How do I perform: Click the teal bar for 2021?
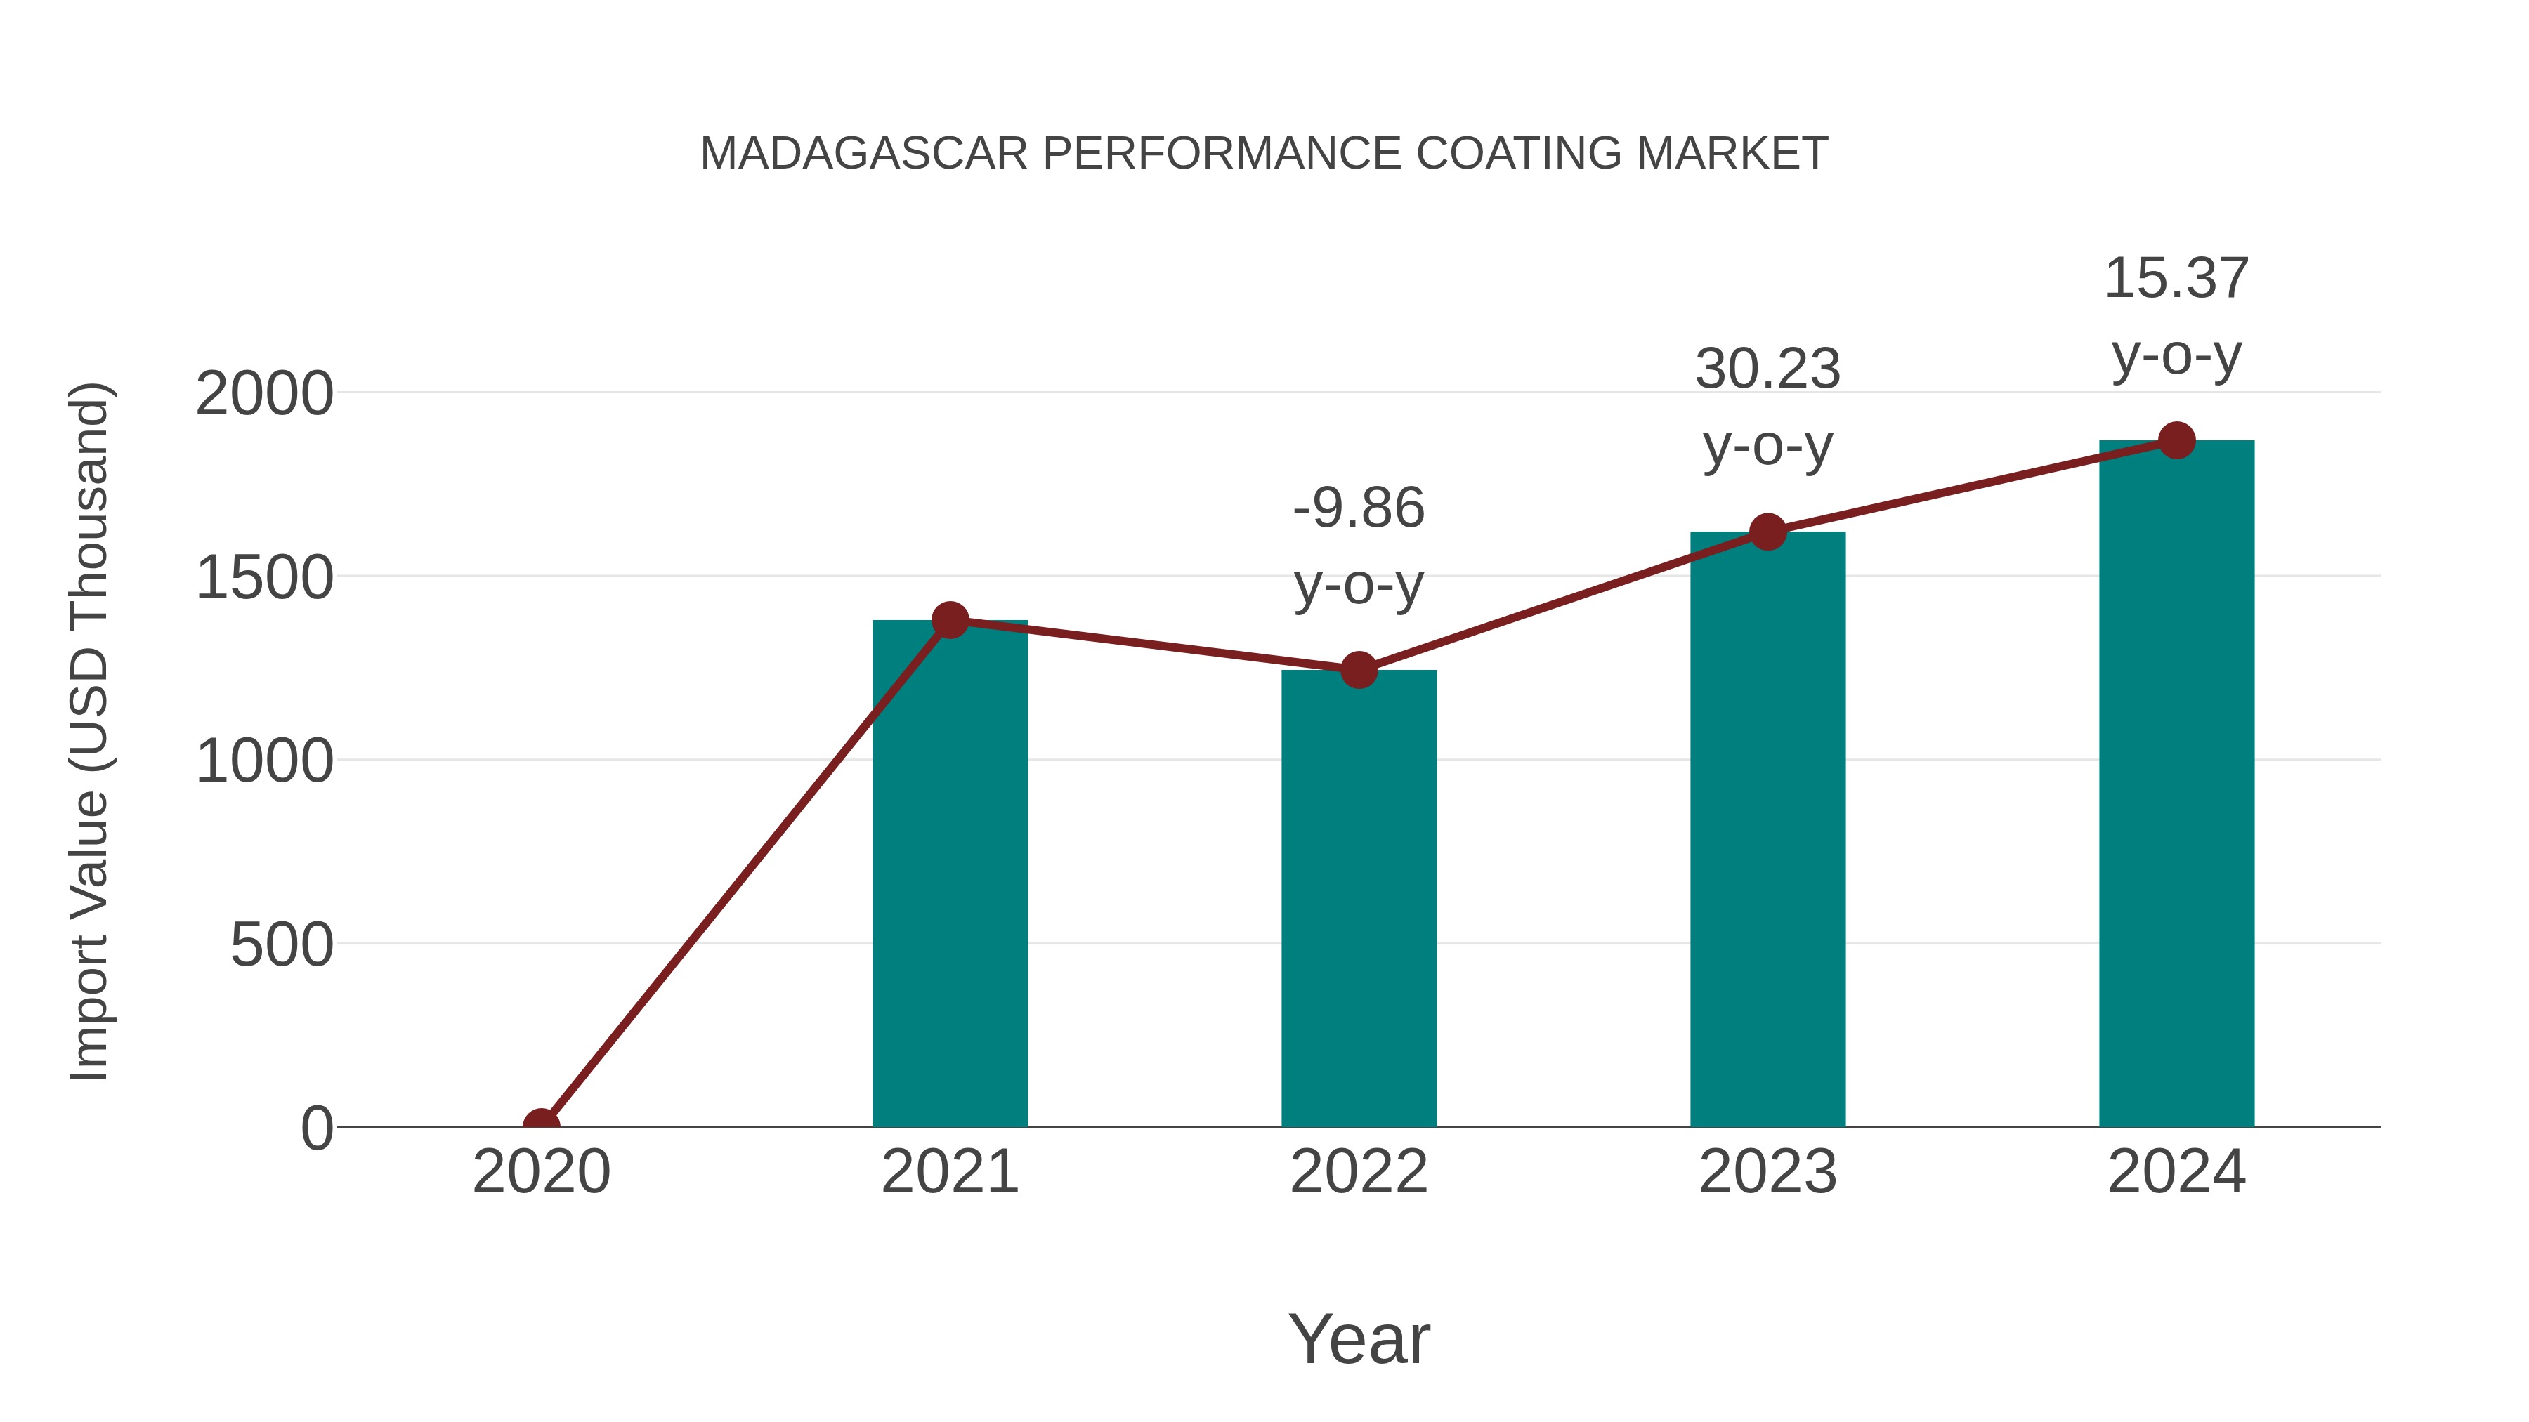(949, 874)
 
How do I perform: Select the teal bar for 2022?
(1359, 898)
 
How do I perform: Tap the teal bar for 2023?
(1767, 829)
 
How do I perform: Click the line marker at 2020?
(541, 1125)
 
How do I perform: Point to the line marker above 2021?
(949, 620)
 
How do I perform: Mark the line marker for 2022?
(1359, 671)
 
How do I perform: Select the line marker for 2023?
(1767, 532)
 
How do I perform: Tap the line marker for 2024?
(2176, 440)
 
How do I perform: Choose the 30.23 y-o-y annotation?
(1767, 407)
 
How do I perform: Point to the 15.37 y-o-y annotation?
(2176, 316)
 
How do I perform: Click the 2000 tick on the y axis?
(264, 395)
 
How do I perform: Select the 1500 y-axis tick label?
(264, 578)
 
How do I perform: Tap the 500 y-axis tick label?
(282, 945)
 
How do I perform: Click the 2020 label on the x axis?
(541, 1172)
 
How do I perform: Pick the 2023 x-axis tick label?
(1767, 1172)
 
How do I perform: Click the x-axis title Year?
(1359, 1338)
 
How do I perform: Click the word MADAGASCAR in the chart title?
(864, 154)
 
